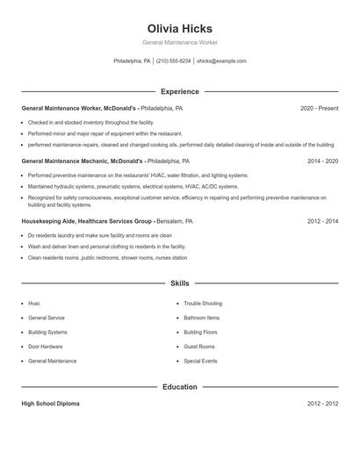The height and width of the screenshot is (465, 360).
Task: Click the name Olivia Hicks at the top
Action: pos(179,28)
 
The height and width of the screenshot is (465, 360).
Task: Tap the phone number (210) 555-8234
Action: pos(174,61)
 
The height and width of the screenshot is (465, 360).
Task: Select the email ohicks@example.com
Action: pos(221,61)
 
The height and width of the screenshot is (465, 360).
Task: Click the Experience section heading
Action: pos(179,91)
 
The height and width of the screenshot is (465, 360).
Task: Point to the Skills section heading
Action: pos(179,284)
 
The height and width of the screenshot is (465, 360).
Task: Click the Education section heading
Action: pos(179,387)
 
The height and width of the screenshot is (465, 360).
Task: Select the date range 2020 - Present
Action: pos(319,109)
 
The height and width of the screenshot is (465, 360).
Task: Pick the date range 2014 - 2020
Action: pos(322,161)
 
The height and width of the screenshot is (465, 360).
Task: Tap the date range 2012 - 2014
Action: pos(322,222)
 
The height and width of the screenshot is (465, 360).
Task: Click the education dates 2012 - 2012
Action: pos(322,404)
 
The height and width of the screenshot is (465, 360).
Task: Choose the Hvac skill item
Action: pos(34,304)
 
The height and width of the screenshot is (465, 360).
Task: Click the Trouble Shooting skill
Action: pos(203,304)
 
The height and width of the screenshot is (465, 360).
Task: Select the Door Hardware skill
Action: pos(46,347)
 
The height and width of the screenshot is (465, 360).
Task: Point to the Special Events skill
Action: pos(200,361)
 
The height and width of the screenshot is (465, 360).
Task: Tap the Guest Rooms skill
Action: pos(199,347)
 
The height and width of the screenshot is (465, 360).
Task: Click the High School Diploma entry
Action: pos(50,404)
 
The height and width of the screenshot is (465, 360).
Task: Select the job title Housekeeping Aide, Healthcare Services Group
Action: pos(87,222)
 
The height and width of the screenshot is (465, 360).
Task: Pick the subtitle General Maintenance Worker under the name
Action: pos(179,42)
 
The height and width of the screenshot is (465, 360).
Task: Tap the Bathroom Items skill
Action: pos(202,318)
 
